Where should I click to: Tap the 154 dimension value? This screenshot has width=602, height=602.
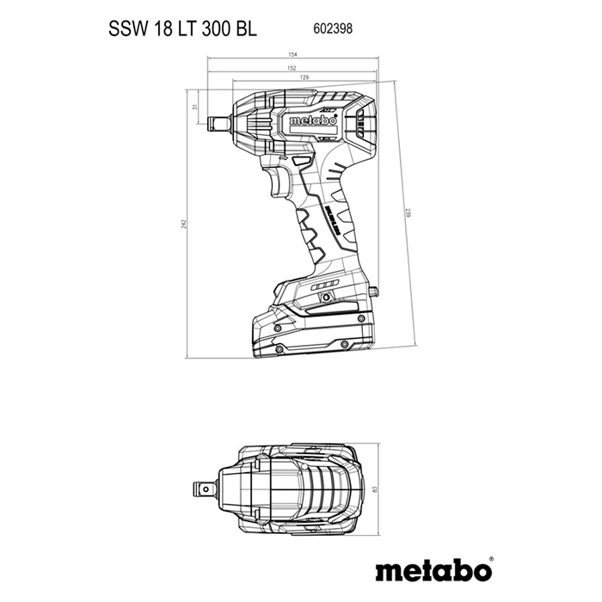(292, 56)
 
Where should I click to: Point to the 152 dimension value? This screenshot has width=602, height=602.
(292, 68)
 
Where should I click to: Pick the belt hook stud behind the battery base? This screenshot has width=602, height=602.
(375, 293)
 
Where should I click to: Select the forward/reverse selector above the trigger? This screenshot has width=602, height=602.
(300, 161)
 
